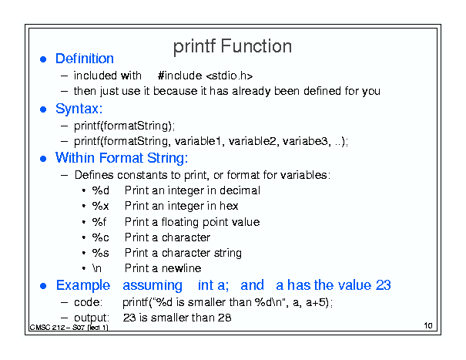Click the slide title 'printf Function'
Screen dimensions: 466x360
(233, 46)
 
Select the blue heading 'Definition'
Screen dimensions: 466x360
(85, 59)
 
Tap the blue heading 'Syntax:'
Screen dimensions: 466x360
(79, 109)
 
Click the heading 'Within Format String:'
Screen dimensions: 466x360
(122, 158)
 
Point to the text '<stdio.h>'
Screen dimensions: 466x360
(229, 76)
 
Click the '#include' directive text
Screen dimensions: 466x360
(179, 76)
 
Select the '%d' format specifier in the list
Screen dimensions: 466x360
(100, 190)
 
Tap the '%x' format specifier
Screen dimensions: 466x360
(100, 206)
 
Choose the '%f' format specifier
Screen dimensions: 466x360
(99, 222)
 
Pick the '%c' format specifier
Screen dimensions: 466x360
(100, 237)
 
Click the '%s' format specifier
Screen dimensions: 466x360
(100, 253)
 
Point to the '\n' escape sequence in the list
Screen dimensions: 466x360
(97, 268)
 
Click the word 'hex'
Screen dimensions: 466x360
(229, 206)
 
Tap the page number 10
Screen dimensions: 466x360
(428, 325)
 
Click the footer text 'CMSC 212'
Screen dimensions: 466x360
(47, 328)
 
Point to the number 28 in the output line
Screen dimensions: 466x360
(224, 318)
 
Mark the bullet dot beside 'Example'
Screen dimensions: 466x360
(43, 286)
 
